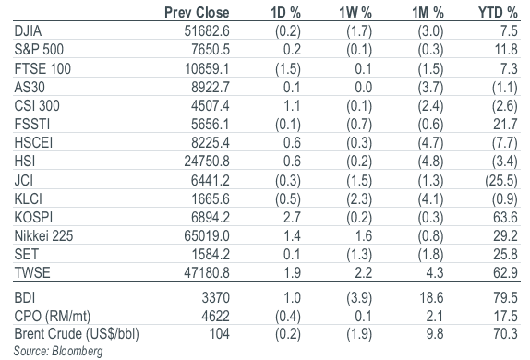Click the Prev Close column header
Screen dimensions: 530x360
pyautogui.click(x=197, y=13)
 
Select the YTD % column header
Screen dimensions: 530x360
pyautogui.click(x=498, y=13)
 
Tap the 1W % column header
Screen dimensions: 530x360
pyautogui.click(x=355, y=13)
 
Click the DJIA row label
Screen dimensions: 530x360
pyautogui.click(x=28, y=31)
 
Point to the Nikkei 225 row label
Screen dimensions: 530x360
pyautogui.click(x=43, y=236)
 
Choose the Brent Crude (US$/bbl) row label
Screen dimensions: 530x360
pyautogui.click(x=77, y=334)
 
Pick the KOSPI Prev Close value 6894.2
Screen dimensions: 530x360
pyautogui.click(x=211, y=217)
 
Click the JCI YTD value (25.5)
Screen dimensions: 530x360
pyautogui.click(x=501, y=181)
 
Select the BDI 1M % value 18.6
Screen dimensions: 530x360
pyautogui.click(x=431, y=298)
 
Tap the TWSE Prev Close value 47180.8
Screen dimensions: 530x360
pyautogui.click(x=207, y=273)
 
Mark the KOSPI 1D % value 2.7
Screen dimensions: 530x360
pyautogui.click(x=292, y=217)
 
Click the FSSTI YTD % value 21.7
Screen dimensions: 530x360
pyautogui.click(x=505, y=125)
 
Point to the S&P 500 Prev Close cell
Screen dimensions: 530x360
pyautogui.click(x=211, y=50)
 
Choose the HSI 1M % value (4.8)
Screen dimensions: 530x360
pyautogui.click(x=430, y=162)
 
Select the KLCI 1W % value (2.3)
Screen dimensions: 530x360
pyautogui.click(x=359, y=199)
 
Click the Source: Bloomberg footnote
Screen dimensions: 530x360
pyautogui.click(x=58, y=351)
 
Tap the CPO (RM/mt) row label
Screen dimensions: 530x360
pyautogui.click(x=53, y=317)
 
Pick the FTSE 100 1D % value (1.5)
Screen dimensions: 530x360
pyautogui.click(x=288, y=69)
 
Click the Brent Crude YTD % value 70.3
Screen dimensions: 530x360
pyautogui.click(x=505, y=334)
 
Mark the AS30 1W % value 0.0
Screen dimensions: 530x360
pyautogui.click(x=364, y=88)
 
